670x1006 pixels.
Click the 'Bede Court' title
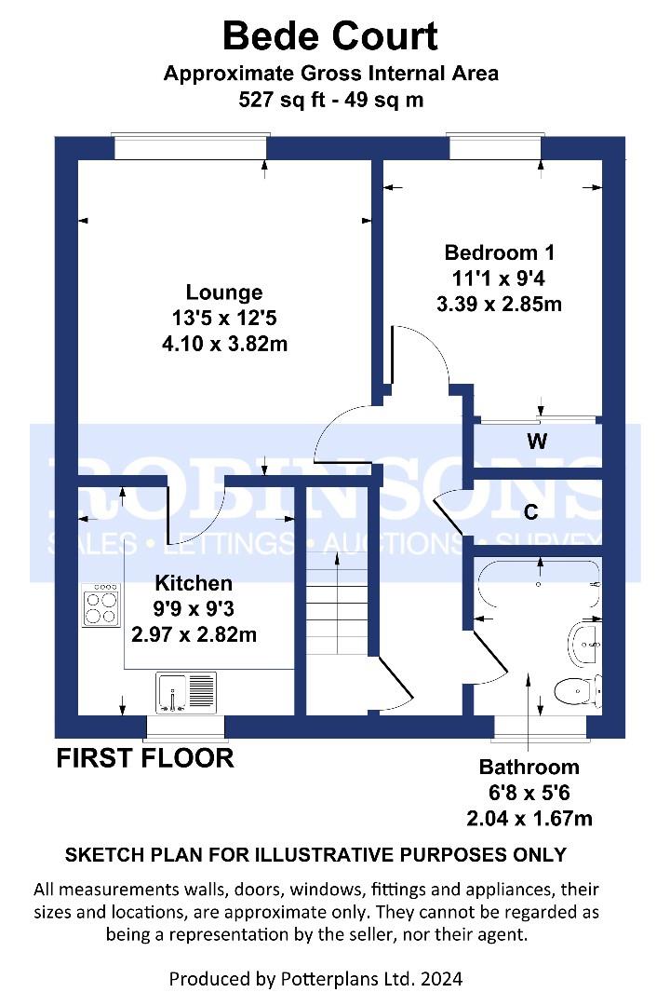coord(330,36)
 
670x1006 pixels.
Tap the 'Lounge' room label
coord(224,292)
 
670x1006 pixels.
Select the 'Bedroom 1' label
coord(500,252)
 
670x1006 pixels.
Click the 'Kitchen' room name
coord(194,583)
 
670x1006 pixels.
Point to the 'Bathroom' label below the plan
coord(529,768)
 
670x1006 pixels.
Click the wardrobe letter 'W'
coord(537,442)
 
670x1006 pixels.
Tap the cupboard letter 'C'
coord(530,512)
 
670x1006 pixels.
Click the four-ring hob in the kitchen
coord(101,605)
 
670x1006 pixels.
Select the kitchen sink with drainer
coord(186,693)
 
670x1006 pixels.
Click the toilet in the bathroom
coord(577,691)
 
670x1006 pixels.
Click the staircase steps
coord(337,605)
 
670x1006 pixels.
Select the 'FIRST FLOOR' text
coord(145,758)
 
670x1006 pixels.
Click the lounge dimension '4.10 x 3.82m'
coord(224,344)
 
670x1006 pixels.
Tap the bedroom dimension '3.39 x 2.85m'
coord(500,304)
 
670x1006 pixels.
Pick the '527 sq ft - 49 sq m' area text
coord(331,100)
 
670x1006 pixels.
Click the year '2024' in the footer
coord(441,979)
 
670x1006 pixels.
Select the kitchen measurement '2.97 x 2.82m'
coord(194,634)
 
